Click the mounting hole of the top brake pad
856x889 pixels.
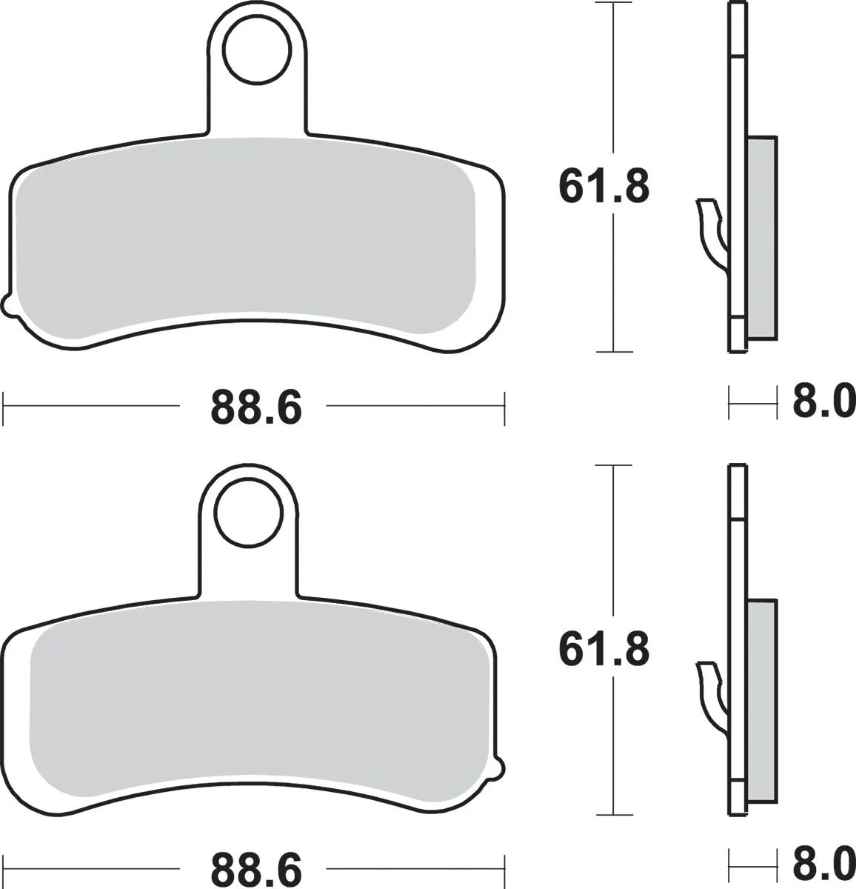[x=255, y=50]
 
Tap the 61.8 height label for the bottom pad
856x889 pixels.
[x=603, y=649]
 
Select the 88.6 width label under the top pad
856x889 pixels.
[x=256, y=407]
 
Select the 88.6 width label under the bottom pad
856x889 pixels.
[x=256, y=868]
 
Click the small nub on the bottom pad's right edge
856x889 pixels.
[x=500, y=766]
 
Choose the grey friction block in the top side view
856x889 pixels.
[x=763, y=237]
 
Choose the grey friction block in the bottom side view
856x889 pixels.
[x=763, y=700]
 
